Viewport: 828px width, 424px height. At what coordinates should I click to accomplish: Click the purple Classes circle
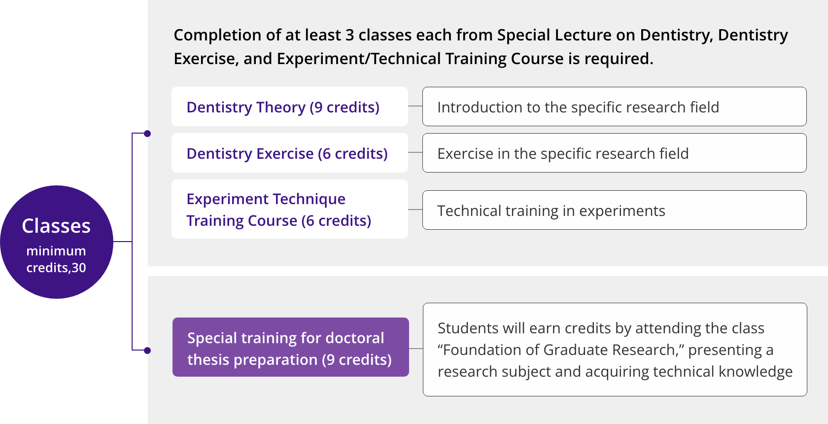coord(57,242)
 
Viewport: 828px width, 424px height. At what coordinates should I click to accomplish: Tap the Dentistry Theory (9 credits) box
coord(290,106)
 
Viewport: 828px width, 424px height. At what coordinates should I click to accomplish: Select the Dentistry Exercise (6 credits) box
coord(290,153)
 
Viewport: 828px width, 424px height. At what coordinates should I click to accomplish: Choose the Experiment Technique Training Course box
coord(290,209)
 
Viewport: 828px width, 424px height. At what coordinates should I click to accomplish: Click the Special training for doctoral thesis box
coord(291,347)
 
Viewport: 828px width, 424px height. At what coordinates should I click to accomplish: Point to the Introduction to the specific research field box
coord(614,106)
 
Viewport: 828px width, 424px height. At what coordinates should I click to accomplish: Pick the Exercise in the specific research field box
coord(614,153)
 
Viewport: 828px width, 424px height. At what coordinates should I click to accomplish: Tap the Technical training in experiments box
coord(614,210)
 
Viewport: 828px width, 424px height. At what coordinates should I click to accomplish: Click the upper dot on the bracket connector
coord(147,134)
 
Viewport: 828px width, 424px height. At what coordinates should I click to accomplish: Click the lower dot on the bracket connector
coord(147,351)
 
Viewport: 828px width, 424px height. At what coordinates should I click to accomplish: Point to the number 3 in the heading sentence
coord(350,35)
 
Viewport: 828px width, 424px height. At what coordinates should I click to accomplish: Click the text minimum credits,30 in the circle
coord(56,259)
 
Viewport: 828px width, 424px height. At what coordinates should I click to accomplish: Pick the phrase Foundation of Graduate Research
coord(558,350)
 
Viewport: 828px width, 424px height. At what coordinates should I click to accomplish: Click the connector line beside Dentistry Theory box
coord(415,106)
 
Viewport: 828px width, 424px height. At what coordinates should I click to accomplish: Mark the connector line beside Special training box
coord(416,348)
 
